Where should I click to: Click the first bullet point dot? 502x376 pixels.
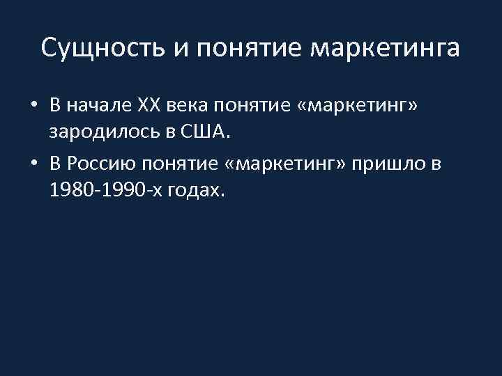point(33,106)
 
